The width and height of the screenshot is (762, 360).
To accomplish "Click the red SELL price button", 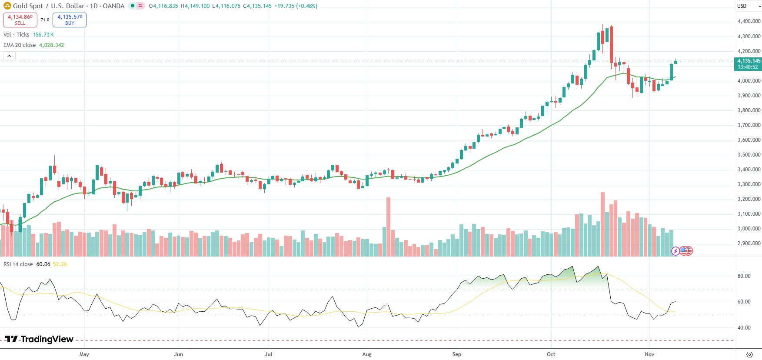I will (20, 20).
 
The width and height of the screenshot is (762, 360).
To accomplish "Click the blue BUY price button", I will (70, 20).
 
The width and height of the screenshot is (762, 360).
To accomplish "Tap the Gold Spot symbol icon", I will (7, 6).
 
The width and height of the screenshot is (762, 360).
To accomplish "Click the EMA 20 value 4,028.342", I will (51, 45).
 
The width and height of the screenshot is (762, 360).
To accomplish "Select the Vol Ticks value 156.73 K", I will (43, 35).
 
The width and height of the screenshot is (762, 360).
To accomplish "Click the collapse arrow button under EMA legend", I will (9, 56).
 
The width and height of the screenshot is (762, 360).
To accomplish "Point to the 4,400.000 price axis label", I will (749, 21).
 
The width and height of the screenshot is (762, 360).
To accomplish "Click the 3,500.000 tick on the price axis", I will (749, 155).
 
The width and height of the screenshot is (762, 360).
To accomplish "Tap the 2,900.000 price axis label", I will (749, 243).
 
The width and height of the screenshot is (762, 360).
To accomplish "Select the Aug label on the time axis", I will (367, 354).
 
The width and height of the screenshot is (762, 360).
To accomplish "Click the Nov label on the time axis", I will (649, 354).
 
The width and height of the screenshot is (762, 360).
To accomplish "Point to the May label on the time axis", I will (84, 354).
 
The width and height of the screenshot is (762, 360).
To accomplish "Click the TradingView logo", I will (39, 339).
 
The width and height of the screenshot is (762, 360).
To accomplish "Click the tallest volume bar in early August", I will (388, 226).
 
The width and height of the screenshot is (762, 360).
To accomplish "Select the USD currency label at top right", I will (742, 6).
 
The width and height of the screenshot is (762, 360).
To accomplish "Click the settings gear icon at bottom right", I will (749, 354).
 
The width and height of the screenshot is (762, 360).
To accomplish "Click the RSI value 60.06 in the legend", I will (43, 264).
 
